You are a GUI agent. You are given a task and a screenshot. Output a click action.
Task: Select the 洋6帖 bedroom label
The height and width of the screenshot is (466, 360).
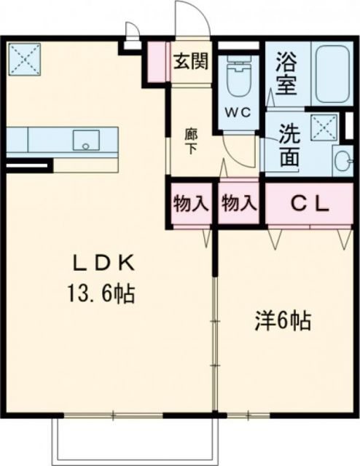(283, 320)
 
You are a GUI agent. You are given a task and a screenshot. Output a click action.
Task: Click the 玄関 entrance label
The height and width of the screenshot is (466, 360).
(190, 60)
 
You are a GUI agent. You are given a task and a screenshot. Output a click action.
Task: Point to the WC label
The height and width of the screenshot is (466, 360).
(241, 114)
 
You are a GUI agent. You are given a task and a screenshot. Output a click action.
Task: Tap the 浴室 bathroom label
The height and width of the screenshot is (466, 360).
(286, 75)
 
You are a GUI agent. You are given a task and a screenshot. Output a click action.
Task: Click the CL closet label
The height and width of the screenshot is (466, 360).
(311, 204)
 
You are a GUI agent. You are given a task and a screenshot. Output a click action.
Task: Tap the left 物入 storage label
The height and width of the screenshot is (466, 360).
(191, 204)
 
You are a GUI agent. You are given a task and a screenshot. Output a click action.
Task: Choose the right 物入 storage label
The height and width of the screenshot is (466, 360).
(239, 204)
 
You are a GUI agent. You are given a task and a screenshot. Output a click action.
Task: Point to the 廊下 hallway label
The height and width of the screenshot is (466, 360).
(190, 140)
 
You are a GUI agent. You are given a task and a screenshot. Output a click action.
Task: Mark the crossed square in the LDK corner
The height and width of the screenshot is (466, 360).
(24, 58)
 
